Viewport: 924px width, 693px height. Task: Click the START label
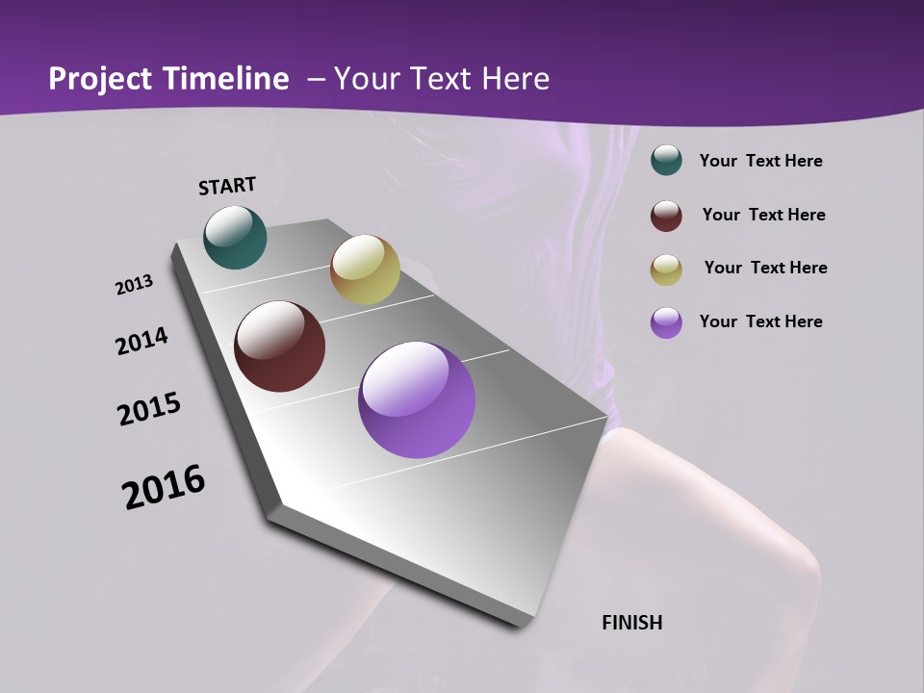pyautogui.click(x=227, y=186)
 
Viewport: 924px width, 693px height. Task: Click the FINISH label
pyautogui.click(x=631, y=623)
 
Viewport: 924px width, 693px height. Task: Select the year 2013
pyautogui.click(x=134, y=285)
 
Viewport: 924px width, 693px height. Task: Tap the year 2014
pyautogui.click(x=141, y=342)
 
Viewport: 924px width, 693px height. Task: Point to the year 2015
pyautogui.click(x=149, y=410)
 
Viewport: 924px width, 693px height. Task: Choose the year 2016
pyautogui.click(x=164, y=487)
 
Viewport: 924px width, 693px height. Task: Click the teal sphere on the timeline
pyautogui.click(x=235, y=237)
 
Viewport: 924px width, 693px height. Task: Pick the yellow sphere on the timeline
pyautogui.click(x=365, y=269)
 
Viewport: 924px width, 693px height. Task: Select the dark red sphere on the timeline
pyautogui.click(x=279, y=346)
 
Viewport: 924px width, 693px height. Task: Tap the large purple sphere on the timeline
pyautogui.click(x=417, y=399)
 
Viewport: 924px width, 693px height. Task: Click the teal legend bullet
pyautogui.click(x=666, y=160)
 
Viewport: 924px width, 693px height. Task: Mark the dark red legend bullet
pyautogui.click(x=666, y=216)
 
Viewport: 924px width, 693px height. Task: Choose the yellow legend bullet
pyautogui.click(x=666, y=269)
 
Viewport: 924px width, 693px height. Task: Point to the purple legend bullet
pyautogui.click(x=666, y=322)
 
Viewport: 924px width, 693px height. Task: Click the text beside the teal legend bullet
pyautogui.click(x=760, y=161)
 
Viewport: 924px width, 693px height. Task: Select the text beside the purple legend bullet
pyautogui.click(x=760, y=321)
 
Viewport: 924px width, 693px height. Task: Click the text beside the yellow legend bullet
pyautogui.click(x=765, y=268)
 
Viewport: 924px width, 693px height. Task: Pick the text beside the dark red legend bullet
pyautogui.click(x=763, y=215)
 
